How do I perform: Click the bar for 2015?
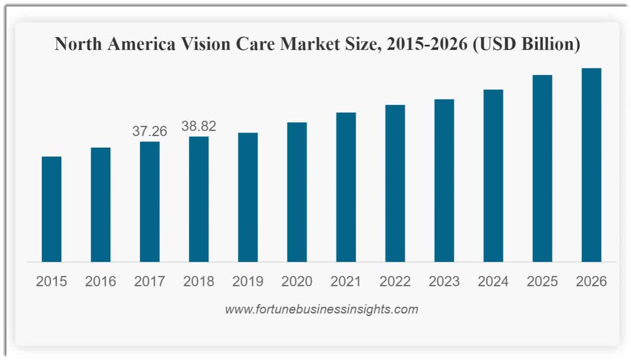tap(51, 209)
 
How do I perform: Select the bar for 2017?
tap(149, 202)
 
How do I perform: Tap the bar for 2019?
tap(247, 197)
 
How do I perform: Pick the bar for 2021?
tap(346, 187)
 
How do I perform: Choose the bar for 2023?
tap(444, 180)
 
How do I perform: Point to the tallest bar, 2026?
tap(591, 165)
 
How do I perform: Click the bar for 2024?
tap(493, 176)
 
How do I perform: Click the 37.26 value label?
tap(149, 131)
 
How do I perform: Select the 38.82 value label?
tap(199, 126)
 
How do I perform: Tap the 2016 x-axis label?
tap(101, 282)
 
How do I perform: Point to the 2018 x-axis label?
tap(199, 282)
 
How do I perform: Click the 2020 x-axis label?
tap(297, 282)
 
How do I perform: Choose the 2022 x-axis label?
tap(395, 282)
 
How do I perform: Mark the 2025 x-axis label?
tap(542, 282)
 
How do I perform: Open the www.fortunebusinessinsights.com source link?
tap(321, 310)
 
